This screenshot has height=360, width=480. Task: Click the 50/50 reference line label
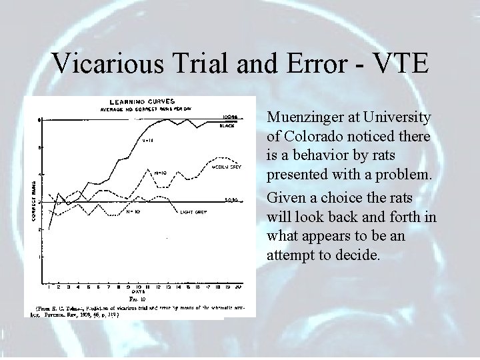[231, 199]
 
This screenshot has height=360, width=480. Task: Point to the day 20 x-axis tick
[238, 286]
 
